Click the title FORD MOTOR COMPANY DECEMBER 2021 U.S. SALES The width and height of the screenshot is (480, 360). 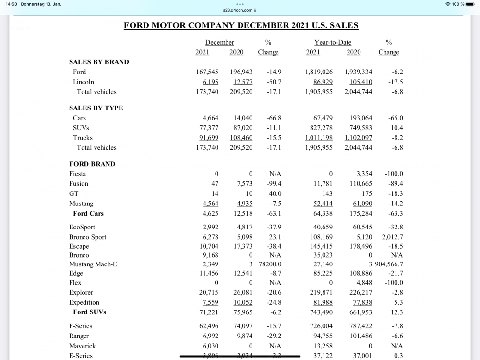pos(241,25)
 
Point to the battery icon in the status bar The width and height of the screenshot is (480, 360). pos(470,4)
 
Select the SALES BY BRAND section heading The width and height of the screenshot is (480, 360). pos(99,62)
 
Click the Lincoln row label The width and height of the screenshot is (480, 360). pos(84,82)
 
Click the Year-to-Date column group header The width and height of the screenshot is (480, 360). pos(333,42)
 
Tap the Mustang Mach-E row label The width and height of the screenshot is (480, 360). pos(93,264)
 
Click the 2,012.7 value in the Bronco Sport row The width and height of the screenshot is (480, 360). pos(392,237)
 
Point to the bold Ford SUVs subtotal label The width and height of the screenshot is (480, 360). pos(89,312)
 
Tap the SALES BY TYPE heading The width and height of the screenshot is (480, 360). pos(96,108)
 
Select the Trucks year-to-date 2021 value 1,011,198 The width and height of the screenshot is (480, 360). pos(319,138)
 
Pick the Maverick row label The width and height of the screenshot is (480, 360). pos(83,346)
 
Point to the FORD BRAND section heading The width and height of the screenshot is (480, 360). pos(92,164)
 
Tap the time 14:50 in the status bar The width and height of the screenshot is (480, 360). pos(12,4)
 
